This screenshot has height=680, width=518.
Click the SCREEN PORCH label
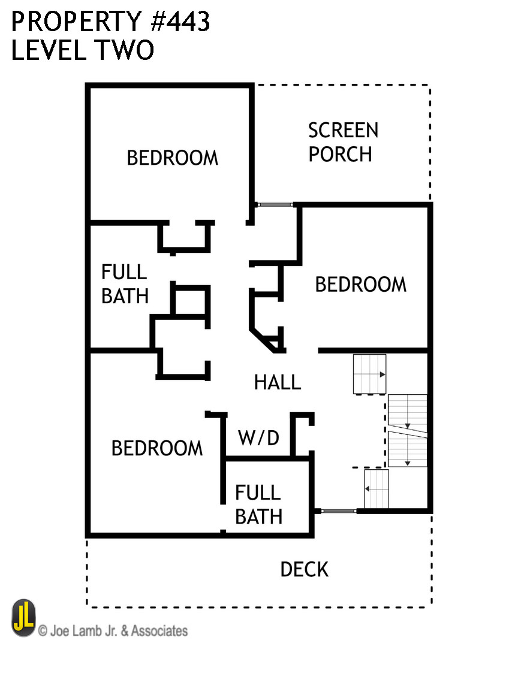tap(343, 143)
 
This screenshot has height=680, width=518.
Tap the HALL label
tap(277, 382)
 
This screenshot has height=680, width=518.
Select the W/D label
tap(258, 438)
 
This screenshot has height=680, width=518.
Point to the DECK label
tap(305, 569)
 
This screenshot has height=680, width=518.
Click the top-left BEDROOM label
tap(173, 158)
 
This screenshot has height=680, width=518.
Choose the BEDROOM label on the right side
tap(360, 284)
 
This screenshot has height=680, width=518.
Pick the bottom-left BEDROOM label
tap(157, 448)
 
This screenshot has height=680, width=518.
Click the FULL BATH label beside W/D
tap(258, 504)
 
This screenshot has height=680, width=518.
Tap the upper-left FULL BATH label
tap(125, 284)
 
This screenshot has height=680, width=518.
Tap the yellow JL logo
tap(24, 618)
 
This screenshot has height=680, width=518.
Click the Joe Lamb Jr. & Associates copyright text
tap(113, 630)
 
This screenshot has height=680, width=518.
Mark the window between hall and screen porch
tap(275, 205)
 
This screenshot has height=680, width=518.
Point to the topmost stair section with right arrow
tap(369, 374)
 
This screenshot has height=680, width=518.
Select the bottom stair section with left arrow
tap(377, 488)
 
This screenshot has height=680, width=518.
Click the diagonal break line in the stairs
tap(407, 430)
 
